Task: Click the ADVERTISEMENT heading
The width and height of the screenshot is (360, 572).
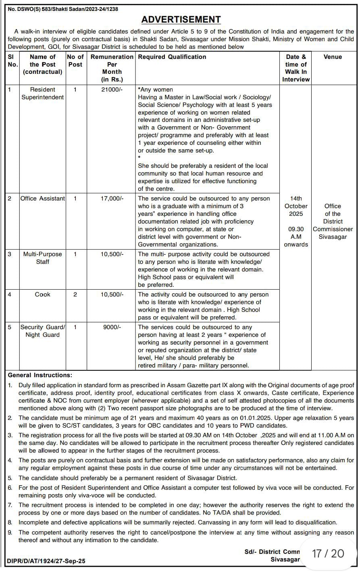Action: pos(181,19)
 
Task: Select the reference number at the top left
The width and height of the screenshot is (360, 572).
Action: pos(63,9)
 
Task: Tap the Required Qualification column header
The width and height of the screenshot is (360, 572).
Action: pos(172,57)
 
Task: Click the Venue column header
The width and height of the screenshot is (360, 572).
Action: pos(333,57)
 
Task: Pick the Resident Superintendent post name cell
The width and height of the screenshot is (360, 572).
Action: pos(42,93)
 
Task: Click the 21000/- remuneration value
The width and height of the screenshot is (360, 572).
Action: pos(112,90)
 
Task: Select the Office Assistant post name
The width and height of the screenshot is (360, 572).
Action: pos(42,198)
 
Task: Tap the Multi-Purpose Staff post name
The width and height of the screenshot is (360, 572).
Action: pos(42,258)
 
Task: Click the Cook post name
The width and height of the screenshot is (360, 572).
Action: pos(42,294)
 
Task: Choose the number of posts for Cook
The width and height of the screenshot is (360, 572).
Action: pos(75,294)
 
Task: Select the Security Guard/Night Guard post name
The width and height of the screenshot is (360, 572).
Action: pos(42,331)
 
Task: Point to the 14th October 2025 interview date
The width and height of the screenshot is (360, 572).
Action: pos(296,206)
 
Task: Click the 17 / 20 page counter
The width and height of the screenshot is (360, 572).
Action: pos(328,553)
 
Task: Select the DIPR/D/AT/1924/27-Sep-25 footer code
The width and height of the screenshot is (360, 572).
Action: pos(46,561)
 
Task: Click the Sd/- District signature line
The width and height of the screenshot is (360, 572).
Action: pos(272,552)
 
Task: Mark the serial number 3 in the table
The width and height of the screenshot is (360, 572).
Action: pos(10,254)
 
